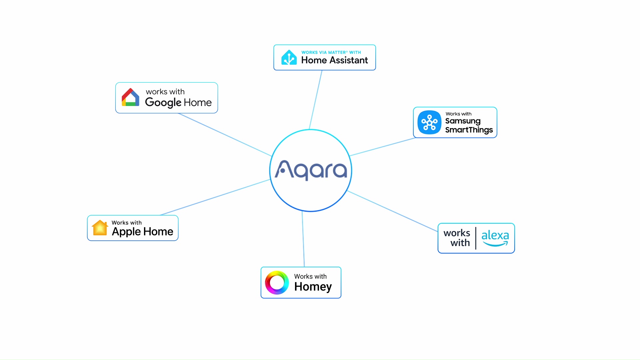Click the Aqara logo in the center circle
point(311,170)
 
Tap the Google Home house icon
point(130,97)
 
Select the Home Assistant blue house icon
point(289,57)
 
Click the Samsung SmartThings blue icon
point(429,122)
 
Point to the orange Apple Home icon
point(100,228)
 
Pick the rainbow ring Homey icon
point(277,282)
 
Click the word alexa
point(495,235)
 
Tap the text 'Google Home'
point(178,102)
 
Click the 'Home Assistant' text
point(334,60)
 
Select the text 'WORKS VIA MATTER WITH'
point(331,52)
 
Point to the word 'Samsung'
point(463,121)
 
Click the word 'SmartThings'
point(469,130)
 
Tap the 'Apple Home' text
point(142,231)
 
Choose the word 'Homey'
point(313,287)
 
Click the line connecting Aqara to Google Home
point(225,135)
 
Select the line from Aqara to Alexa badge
point(392,211)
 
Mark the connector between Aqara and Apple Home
point(215,197)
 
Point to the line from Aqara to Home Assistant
point(316,100)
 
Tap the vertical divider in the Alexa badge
point(476,238)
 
